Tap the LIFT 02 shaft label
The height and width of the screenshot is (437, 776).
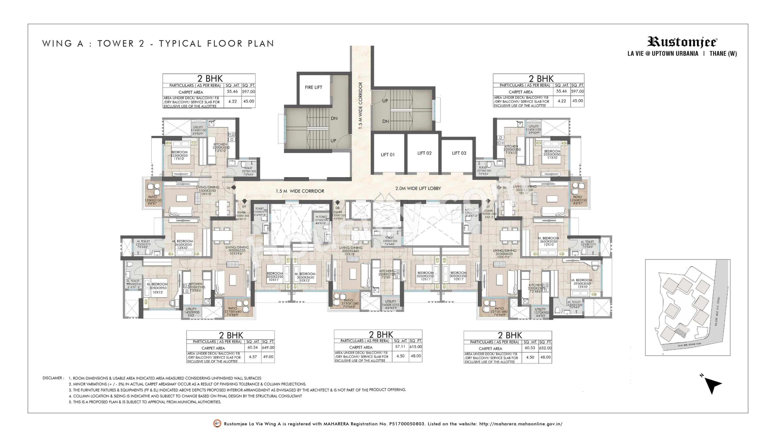(x=424, y=153)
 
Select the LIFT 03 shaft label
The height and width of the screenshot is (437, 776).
(x=459, y=153)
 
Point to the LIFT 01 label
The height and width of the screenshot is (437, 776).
(x=387, y=155)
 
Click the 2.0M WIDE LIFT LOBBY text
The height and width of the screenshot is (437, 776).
(x=418, y=188)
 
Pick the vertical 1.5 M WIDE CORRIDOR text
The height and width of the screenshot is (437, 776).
(x=360, y=106)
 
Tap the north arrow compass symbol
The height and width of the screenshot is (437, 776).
(x=712, y=385)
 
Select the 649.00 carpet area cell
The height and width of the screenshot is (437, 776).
(x=268, y=347)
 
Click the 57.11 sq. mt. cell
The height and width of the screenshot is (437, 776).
(x=400, y=347)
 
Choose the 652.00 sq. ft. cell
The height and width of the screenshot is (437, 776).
(x=545, y=348)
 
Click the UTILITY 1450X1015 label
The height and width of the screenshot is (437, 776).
(x=390, y=305)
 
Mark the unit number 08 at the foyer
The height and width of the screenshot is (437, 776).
(x=337, y=208)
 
